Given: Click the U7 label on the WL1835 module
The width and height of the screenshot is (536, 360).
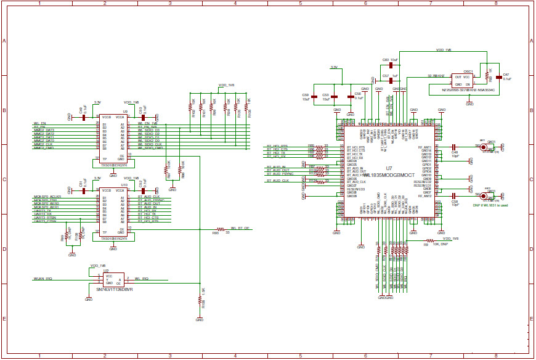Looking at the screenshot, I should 388,168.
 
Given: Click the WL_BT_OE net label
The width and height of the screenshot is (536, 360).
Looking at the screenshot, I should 240,228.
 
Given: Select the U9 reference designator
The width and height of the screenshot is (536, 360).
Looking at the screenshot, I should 125,112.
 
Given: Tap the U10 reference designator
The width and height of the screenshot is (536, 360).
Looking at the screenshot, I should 124,184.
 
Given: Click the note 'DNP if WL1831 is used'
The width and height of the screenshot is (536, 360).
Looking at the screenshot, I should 490,205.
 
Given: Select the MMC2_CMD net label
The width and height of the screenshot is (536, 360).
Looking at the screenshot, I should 44,148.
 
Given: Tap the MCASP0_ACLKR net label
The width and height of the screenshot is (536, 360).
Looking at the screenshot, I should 45,196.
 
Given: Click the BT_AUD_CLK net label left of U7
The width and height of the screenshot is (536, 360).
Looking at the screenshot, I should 277,181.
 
